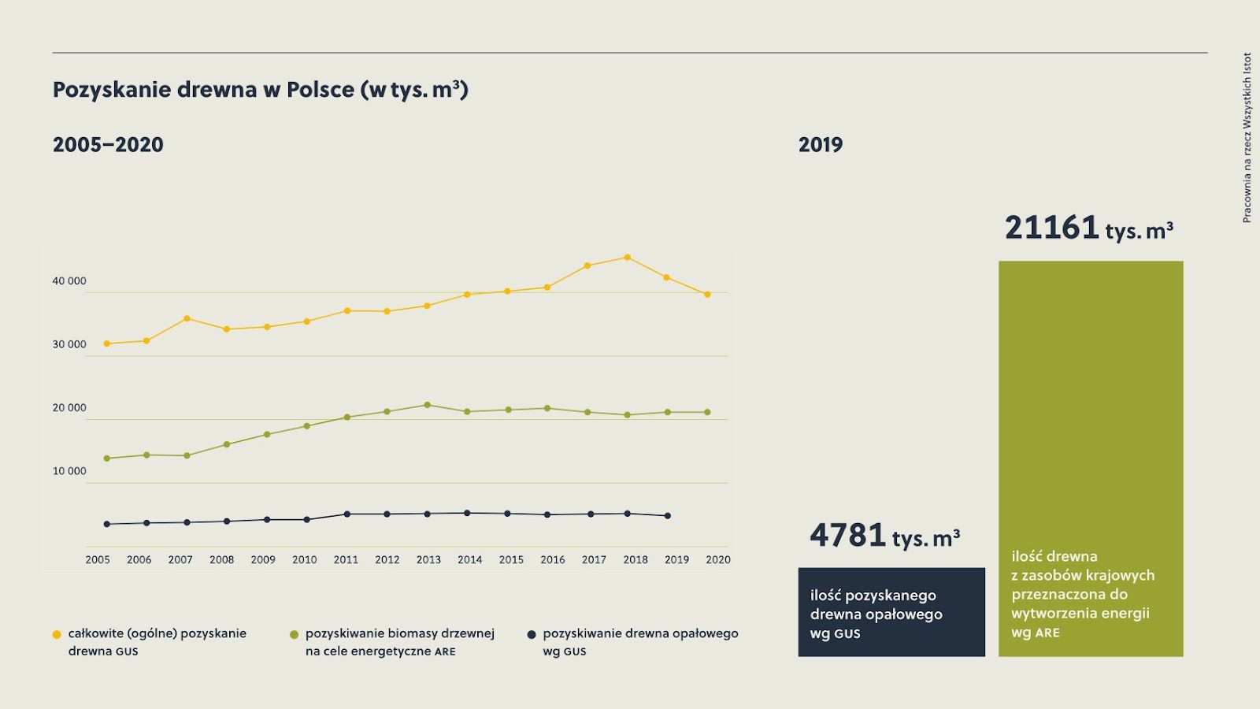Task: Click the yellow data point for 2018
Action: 627,258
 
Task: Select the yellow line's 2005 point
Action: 106,343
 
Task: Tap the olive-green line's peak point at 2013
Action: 427,405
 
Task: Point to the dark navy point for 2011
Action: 346,514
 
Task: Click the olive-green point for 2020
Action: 707,412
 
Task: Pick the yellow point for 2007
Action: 187,318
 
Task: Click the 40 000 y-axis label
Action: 69,281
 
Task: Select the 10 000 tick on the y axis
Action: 69,472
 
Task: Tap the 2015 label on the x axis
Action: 511,560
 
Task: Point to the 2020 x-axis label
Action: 718,560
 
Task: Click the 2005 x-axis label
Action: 98,560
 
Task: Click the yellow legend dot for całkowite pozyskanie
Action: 57,634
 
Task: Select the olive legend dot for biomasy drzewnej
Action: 295,634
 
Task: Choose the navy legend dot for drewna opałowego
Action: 532,634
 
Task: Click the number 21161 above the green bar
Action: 1052,228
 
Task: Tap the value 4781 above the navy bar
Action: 848,535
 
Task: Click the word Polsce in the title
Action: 320,90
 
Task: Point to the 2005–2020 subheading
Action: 108,145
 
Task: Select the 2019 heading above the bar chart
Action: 821,145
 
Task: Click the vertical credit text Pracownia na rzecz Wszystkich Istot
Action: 1247,138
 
